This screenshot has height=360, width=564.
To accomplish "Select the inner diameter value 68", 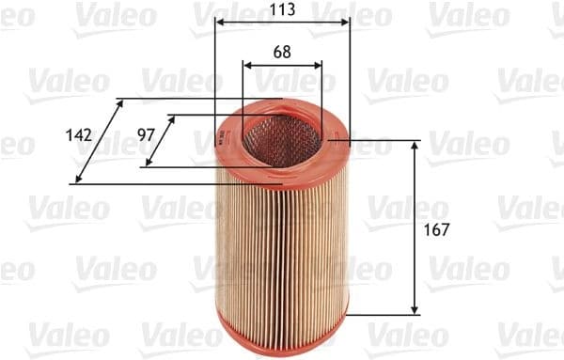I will tap(282, 53).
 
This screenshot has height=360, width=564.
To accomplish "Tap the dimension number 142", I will tap(79, 135).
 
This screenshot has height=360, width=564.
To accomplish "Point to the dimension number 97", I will tap(145, 135).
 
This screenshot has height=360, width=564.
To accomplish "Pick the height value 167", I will tap(436, 229).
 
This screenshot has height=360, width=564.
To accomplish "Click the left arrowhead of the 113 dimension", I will tap(218, 22).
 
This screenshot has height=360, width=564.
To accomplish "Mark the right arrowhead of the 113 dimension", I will tap(347, 22).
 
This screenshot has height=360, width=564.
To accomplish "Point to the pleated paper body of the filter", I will tap(282, 244).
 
